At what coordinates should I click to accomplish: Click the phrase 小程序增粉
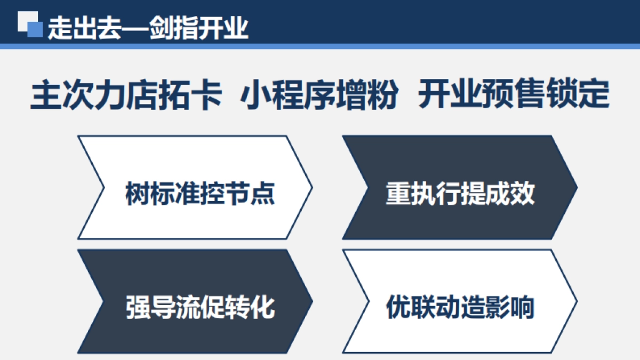tap(319, 95)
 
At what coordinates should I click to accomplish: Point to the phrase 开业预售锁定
tap(514, 95)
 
